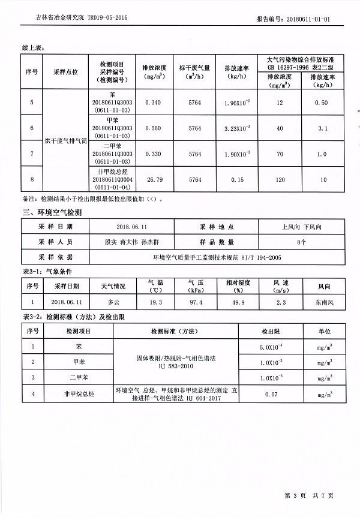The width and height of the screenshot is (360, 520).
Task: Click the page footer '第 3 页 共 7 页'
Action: coord(308,495)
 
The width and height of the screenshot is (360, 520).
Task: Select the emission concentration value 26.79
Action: coord(153,179)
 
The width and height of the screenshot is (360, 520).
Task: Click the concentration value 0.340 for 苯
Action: coord(153,103)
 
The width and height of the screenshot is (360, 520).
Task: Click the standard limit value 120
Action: coord(276,179)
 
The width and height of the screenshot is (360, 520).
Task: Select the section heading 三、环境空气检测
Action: coord(52,212)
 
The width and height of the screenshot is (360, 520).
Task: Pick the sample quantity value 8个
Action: coord(301,242)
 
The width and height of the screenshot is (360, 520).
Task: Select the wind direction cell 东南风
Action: coord(323,302)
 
